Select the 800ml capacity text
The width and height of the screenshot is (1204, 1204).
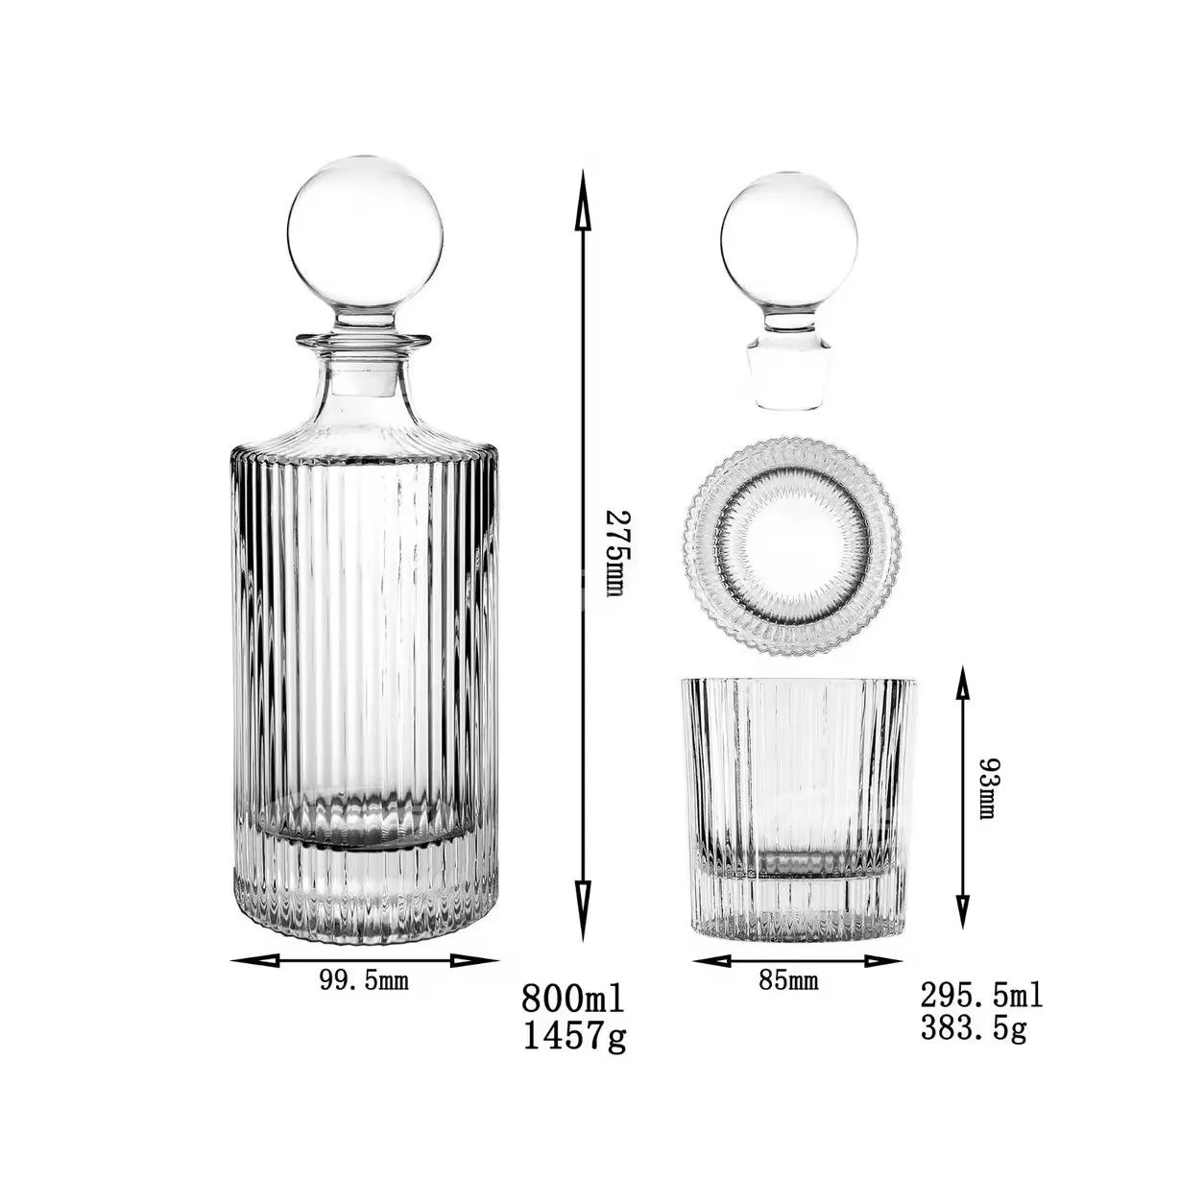572,998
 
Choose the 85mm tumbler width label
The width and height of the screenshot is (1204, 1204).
788,980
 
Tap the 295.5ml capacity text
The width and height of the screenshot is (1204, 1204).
981,994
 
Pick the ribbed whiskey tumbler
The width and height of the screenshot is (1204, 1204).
798,807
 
